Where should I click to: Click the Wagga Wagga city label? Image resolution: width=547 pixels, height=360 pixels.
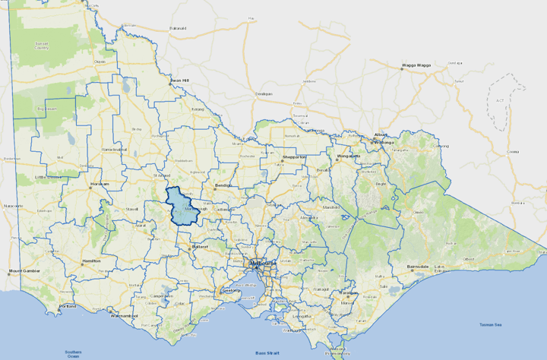tap(416, 65)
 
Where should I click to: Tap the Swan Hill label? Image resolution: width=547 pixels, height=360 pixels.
tap(179, 80)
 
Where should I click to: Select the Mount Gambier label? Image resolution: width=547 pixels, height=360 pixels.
tap(24, 270)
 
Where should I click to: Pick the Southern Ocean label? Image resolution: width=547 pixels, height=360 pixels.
tap(73, 353)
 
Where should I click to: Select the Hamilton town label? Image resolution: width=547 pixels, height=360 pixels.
tap(93, 261)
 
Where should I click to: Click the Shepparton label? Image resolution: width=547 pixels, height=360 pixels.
tap(293, 156)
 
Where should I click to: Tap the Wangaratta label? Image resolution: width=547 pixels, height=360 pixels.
tap(348, 156)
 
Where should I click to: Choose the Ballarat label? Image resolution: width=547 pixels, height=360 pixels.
tap(201, 247)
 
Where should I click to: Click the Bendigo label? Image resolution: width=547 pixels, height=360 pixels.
tap(223, 185)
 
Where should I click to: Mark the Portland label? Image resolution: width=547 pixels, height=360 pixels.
tap(67, 306)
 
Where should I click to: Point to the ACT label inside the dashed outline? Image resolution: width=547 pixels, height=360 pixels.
tap(498, 99)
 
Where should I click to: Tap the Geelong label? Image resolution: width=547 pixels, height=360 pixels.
tap(230, 290)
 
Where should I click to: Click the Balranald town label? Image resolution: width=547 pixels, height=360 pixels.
tap(178, 28)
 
